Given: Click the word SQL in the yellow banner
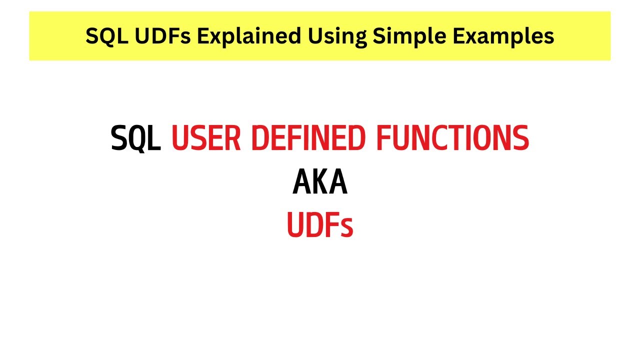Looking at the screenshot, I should (x=103, y=36).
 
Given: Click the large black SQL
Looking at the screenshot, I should (x=136, y=138).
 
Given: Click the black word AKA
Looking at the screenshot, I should (x=320, y=182).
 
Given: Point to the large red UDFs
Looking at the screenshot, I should (x=320, y=225).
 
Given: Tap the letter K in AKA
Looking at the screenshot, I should (x=320, y=182).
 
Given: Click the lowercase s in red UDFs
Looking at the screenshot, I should (x=346, y=228).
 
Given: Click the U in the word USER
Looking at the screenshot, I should (x=180, y=138).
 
